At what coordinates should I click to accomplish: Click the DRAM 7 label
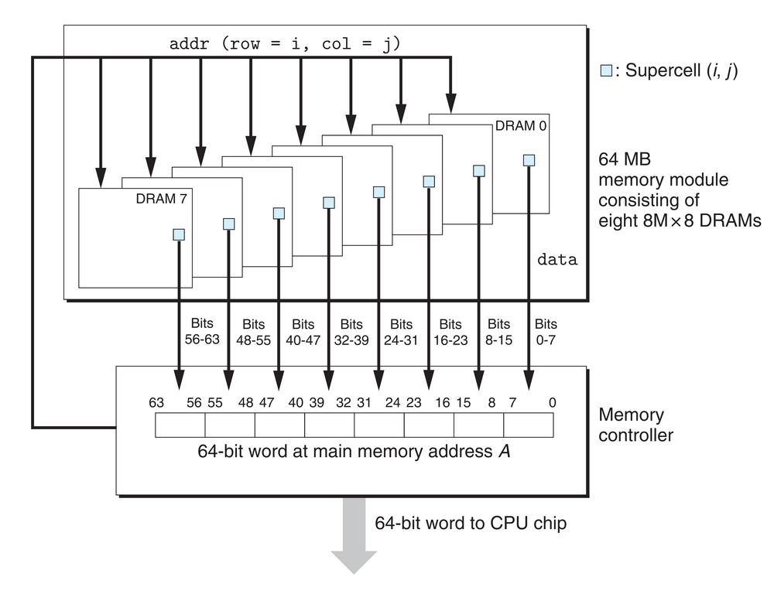point(161,199)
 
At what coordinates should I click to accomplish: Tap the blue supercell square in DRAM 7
point(179,234)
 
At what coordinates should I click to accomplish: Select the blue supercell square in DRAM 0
point(529,160)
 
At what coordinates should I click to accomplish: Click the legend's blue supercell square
point(606,71)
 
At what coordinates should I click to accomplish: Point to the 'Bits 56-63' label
point(202,332)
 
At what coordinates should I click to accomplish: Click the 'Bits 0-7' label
point(546,332)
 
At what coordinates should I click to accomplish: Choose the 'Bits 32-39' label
point(351,332)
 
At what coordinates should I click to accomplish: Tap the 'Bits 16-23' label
point(450,332)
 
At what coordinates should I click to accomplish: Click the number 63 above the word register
point(156,402)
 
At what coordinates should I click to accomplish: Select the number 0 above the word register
point(551,402)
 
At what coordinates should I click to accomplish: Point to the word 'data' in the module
point(557,260)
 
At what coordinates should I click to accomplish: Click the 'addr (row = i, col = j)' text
point(284,44)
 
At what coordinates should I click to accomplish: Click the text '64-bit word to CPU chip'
point(471,524)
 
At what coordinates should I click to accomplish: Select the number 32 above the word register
point(344,402)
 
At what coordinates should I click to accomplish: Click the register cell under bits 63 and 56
point(180,425)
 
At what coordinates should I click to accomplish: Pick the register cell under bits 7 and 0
point(528,425)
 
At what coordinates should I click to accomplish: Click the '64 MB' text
point(624,160)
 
